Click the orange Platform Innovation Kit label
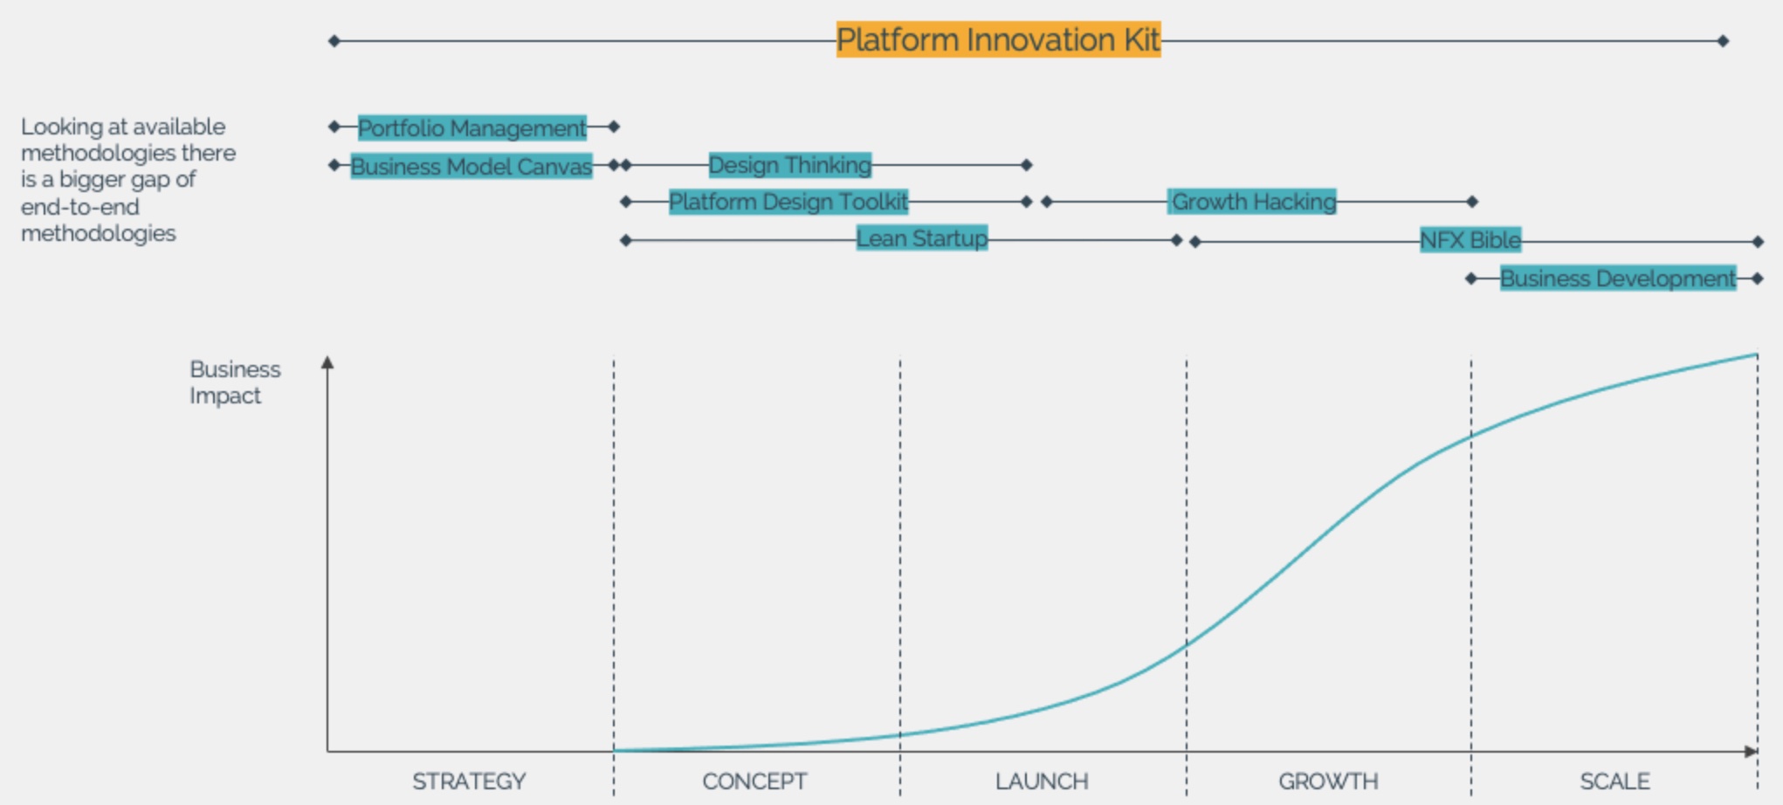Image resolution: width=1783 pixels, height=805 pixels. (998, 39)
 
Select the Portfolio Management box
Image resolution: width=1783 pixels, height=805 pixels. (472, 127)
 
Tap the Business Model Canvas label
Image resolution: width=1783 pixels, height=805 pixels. (472, 166)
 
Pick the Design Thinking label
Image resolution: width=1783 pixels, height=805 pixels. (790, 164)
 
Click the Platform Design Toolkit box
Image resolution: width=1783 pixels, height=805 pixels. (788, 202)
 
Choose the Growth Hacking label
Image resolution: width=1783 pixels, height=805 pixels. (1253, 202)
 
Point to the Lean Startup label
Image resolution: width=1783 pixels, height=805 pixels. (922, 238)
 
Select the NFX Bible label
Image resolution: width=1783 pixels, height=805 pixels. (1470, 240)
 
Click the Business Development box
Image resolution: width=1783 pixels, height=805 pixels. (1618, 279)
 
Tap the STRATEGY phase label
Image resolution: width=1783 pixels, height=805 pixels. (469, 781)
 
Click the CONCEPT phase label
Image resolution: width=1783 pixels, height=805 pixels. (754, 781)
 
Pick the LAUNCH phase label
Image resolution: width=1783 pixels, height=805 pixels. (1042, 781)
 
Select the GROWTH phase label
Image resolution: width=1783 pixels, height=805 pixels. (1328, 781)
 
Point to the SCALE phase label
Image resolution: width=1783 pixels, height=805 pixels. (1614, 781)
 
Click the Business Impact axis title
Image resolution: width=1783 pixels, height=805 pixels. (235, 382)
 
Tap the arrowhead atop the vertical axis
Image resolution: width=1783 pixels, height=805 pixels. (327, 361)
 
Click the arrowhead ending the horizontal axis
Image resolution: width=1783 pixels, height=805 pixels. (1750, 751)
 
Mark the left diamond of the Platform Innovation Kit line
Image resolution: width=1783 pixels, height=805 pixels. (334, 41)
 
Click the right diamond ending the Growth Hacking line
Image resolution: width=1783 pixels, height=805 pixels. (1472, 202)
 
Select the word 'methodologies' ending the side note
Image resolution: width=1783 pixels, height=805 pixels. (99, 234)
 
